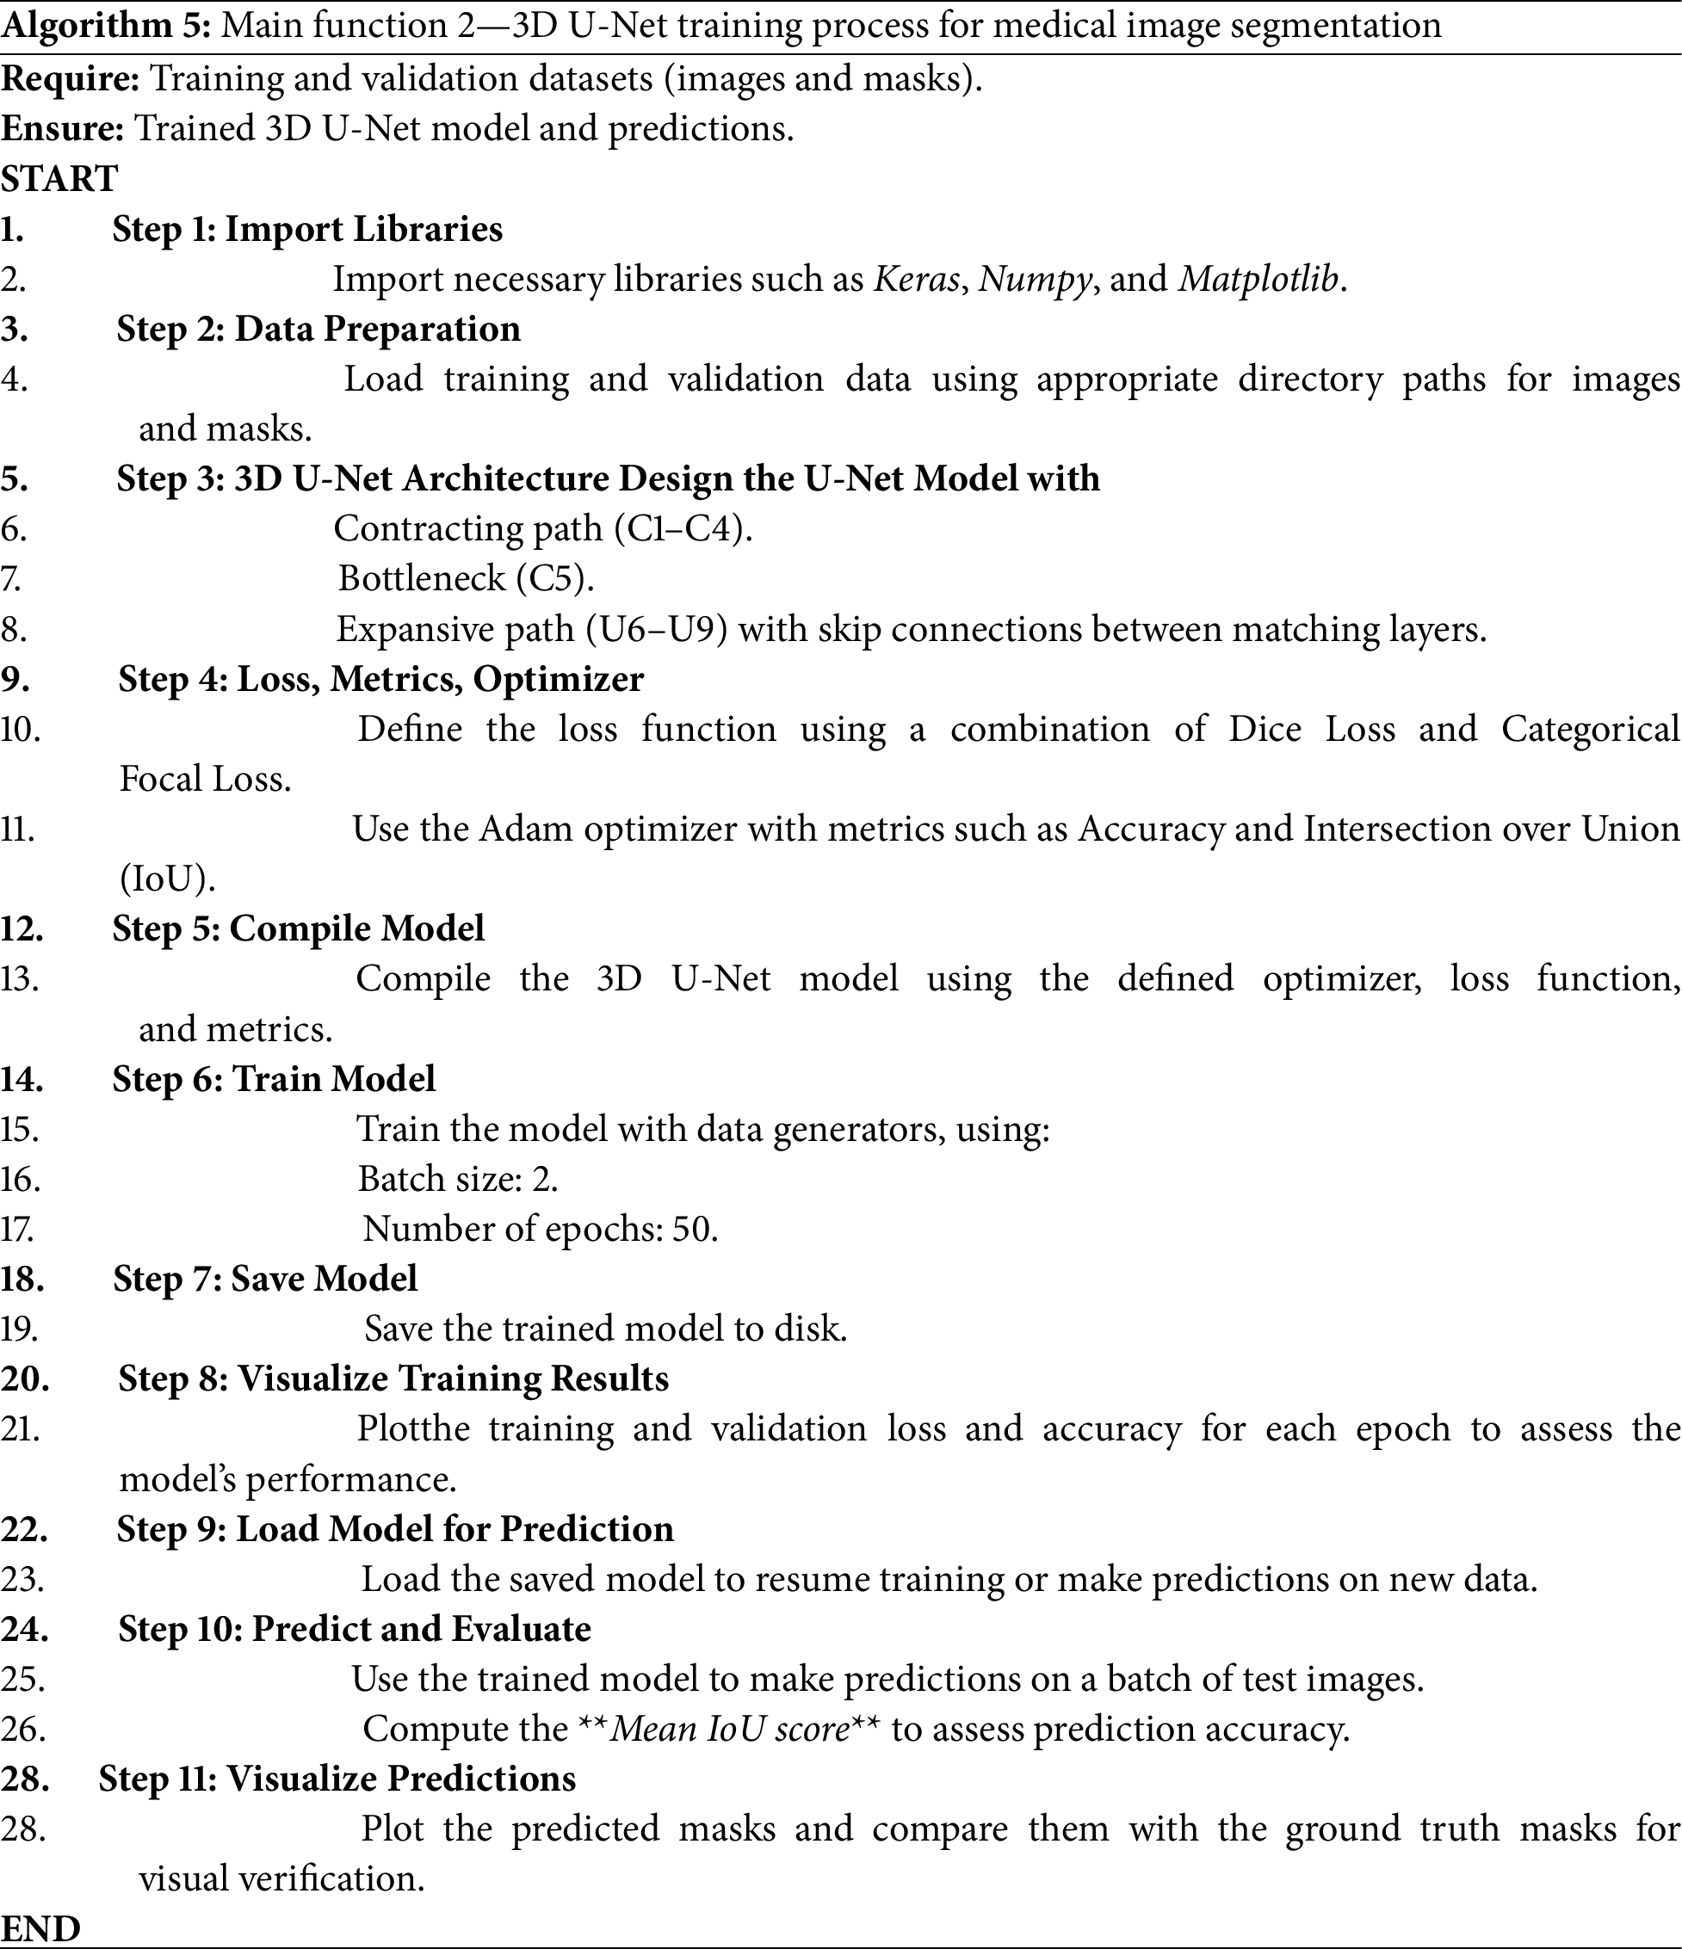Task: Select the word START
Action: [59, 178]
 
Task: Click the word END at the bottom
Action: [40, 1929]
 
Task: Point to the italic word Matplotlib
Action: [1258, 280]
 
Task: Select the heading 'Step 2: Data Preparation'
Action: [318, 330]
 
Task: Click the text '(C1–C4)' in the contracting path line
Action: [683, 528]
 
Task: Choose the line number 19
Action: [19, 1329]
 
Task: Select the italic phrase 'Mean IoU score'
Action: [730, 1729]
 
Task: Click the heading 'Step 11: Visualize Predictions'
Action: [337, 1779]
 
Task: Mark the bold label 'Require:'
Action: [71, 78]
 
